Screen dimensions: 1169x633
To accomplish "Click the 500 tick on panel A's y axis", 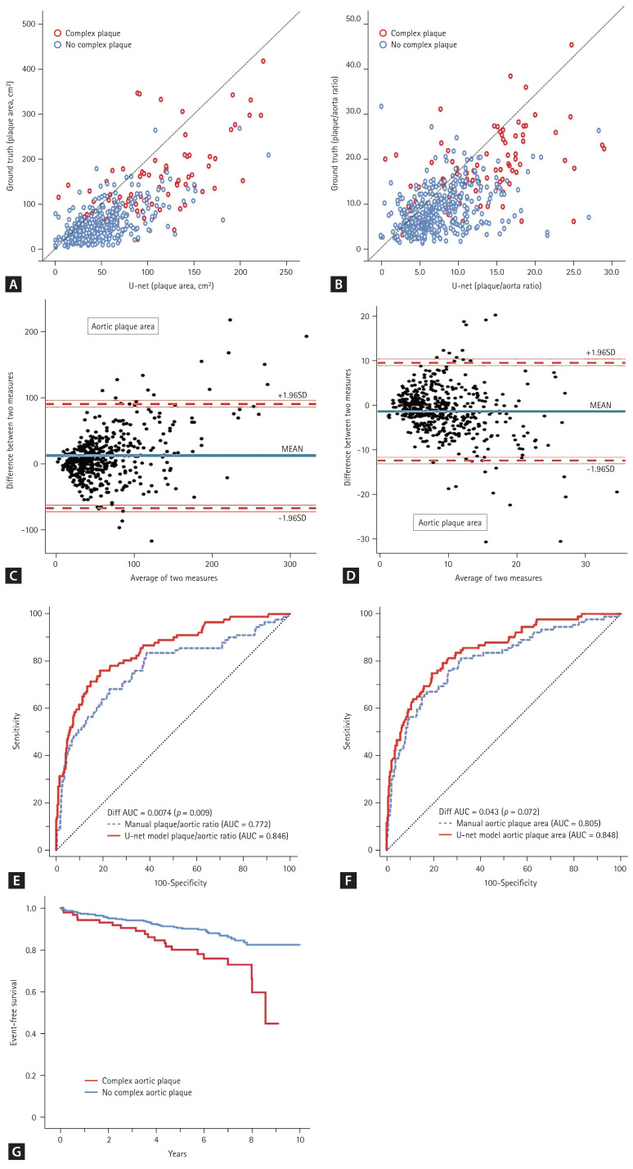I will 31,24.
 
